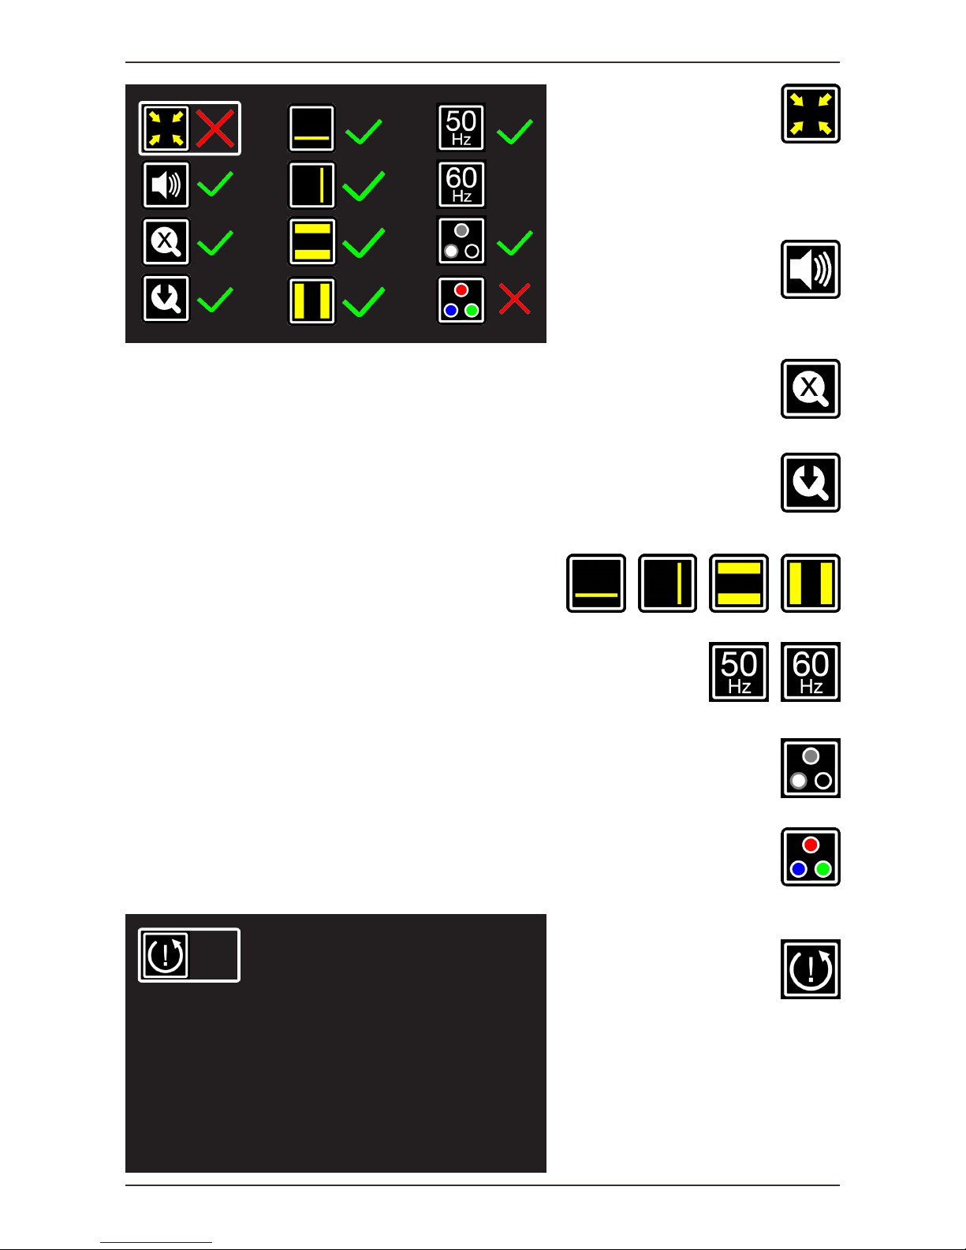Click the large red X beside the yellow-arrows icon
pyautogui.click(x=214, y=129)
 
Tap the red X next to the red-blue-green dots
pyautogui.click(x=515, y=299)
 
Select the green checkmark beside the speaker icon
pyautogui.click(x=214, y=185)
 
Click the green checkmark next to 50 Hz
pyautogui.click(x=515, y=131)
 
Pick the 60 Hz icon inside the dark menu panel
pyautogui.click(x=461, y=185)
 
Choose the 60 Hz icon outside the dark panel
pyautogui.click(x=811, y=672)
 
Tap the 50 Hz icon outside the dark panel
pyautogui.click(x=739, y=672)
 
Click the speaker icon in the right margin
pyautogui.click(x=811, y=270)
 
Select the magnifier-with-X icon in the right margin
pyautogui.click(x=811, y=389)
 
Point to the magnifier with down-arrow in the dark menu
pyautogui.click(x=166, y=299)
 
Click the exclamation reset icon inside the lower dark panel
pyautogui.click(x=166, y=955)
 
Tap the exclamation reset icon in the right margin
pyautogui.click(x=811, y=969)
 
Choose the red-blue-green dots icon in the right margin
pyautogui.click(x=811, y=857)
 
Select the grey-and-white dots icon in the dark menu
pyautogui.click(x=461, y=241)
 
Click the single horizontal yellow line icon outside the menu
pyautogui.click(x=596, y=584)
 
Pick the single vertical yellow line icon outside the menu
pyautogui.click(x=667, y=584)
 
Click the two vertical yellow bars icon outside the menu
pyautogui.click(x=811, y=584)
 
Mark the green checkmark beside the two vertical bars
pyautogui.click(x=364, y=301)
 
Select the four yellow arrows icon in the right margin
pyautogui.click(x=811, y=114)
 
